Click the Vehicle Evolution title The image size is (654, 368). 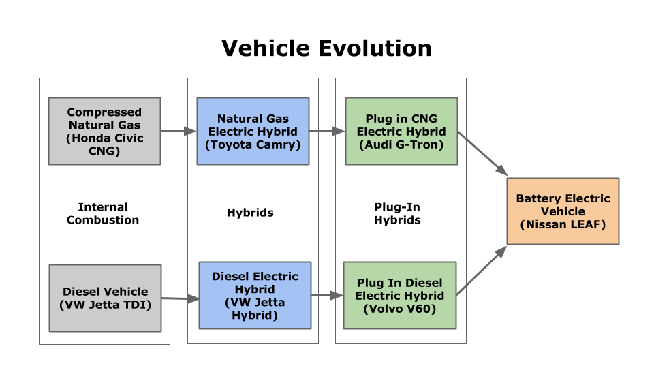point(327,48)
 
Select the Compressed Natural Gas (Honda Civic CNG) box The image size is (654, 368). point(104,131)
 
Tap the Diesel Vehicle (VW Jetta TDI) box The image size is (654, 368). point(105,298)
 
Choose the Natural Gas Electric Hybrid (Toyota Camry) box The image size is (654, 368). point(253,131)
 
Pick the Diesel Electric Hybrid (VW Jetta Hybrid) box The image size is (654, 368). point(255,295)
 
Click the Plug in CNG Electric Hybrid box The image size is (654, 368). point(401,131)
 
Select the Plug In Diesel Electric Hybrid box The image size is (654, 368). point(399,295)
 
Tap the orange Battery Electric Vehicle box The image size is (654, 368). point(563,211)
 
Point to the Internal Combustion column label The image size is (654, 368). point(103,213)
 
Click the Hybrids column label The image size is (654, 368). point(250,213)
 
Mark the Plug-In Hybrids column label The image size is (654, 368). point(397,213)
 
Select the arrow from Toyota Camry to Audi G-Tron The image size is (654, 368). point(327,131)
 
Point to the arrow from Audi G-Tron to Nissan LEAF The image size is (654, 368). point(482,153)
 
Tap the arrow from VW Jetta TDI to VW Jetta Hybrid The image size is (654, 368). point(180,298)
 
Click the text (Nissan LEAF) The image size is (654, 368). point(563,224)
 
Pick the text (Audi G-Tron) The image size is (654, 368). point(401,144)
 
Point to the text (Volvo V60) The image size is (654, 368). point(399,309)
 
